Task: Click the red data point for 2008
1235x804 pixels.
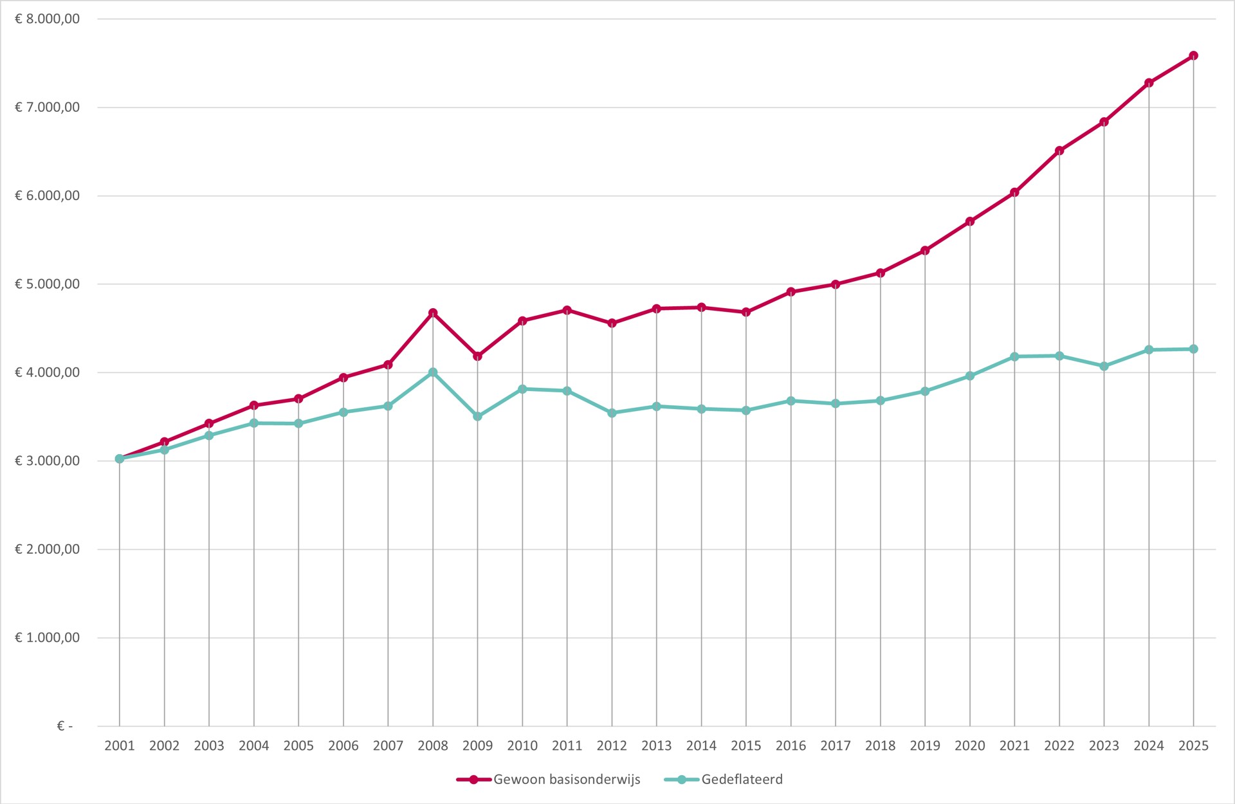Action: tap(433, 313)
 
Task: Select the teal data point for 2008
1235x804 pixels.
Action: tap(433, 372)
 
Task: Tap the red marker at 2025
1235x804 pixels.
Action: tap(1193, 56)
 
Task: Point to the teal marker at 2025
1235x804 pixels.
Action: tap(1193, 349)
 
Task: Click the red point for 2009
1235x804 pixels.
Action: tap(477, 356)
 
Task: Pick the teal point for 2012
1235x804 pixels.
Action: tap(612, 413)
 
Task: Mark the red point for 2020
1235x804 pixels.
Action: tap(970, 222)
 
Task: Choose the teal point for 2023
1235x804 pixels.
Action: tap(1104, 367)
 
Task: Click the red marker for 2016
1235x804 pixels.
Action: tap(791, 292)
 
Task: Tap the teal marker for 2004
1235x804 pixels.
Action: tap(254, 423)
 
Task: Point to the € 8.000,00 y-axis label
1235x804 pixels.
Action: tap(48, 19)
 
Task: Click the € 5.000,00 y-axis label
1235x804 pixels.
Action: tap(48, 284)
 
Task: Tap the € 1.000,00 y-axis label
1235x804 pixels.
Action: tap(48, 638)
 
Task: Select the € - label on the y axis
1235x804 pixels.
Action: tap(64, 726)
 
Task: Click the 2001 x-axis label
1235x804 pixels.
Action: tap(120, 746)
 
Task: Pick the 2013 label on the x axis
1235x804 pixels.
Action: tap(656, 746)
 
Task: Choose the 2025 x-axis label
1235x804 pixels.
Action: tap(1193, 746)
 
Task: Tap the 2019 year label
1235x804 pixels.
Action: tap(925, 746)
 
